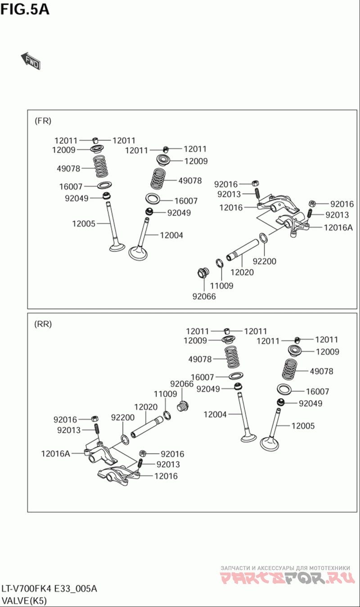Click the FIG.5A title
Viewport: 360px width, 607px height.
pos(25,9)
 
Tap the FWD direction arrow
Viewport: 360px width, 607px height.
pos(31,61)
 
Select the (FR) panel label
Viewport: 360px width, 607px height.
pos(43,121)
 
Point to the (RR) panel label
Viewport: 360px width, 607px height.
pos(43,324)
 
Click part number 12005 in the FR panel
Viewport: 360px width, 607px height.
pos(84,223)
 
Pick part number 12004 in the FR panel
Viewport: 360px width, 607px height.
pos(171,235)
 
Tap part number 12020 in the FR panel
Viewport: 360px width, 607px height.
pos(242,272)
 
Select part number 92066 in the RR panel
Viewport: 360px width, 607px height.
pos(182,384)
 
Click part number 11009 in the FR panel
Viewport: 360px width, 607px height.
pos(222,285)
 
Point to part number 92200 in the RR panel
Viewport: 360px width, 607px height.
pos(123,417)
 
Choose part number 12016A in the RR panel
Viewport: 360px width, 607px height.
pos(56,453)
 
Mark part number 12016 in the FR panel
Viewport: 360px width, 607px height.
pos(231,208)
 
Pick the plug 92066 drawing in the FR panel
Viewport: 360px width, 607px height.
pos(203,273)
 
